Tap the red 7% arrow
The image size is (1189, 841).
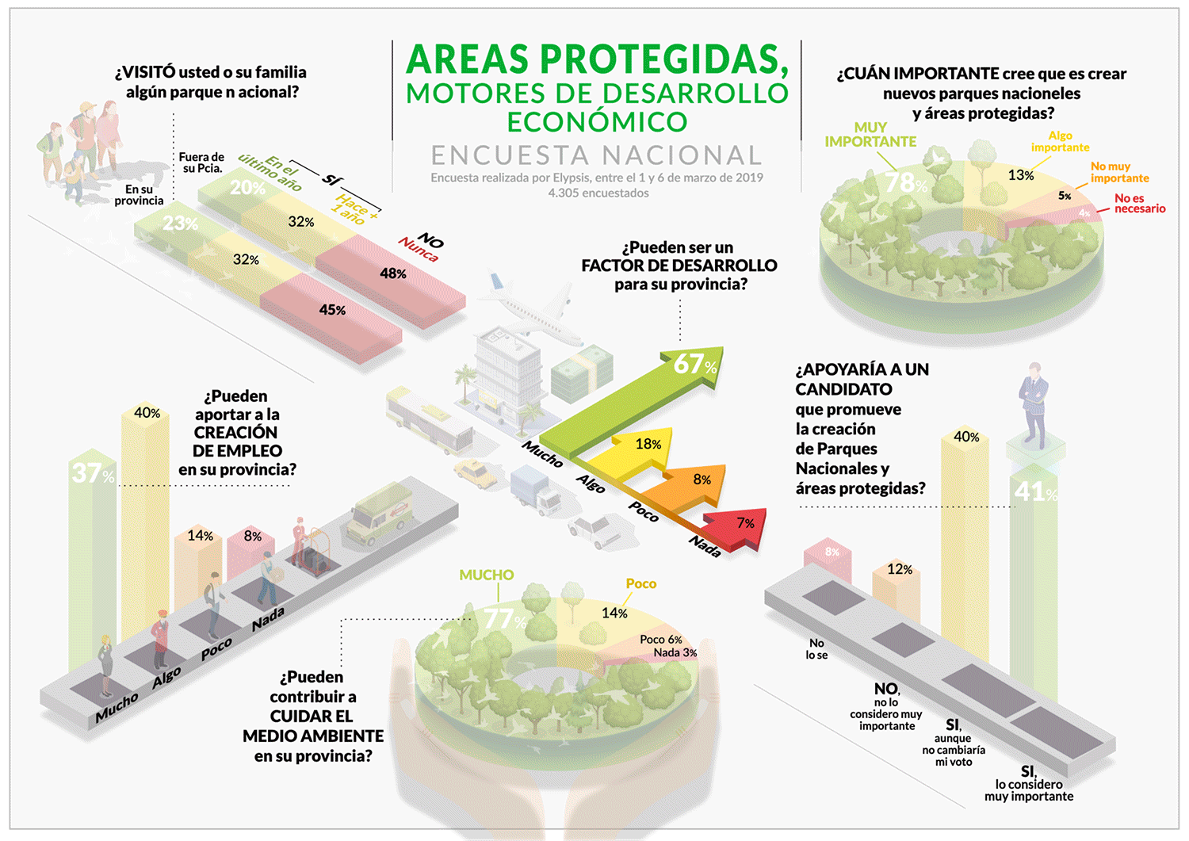click(742, 526)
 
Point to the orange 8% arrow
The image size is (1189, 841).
click(698, 480)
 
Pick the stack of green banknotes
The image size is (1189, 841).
click(583, 373)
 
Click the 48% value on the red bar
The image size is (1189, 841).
click(393, 273)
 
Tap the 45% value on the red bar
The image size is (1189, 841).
click(332, 310)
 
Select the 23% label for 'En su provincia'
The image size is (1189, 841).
click(180, 224)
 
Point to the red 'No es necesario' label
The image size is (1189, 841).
click(1139, 204)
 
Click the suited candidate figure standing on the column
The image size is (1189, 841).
click(1033, 404)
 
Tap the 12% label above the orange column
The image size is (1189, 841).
click(900, 569)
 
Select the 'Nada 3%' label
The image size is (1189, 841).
click(675, 652)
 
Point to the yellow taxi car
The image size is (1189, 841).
click(475, 474)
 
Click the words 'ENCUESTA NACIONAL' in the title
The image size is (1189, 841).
click(596, 155)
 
